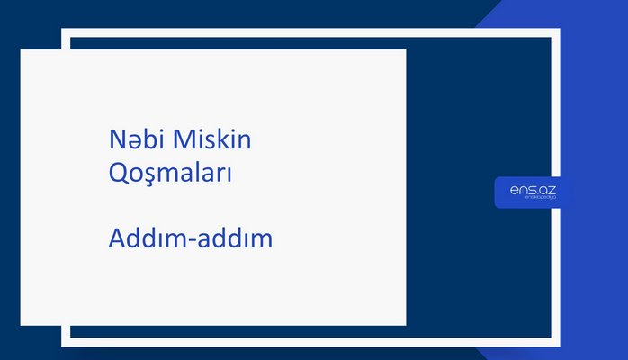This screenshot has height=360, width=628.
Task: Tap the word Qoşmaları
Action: point(170,173)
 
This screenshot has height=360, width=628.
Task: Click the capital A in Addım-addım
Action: point(115,239)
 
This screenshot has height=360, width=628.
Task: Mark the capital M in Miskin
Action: point(182,140)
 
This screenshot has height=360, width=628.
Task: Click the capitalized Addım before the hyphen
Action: point(147,239)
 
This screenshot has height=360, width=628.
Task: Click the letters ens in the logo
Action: point(521,190)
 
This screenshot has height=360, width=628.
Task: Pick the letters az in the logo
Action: point(546,190)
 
